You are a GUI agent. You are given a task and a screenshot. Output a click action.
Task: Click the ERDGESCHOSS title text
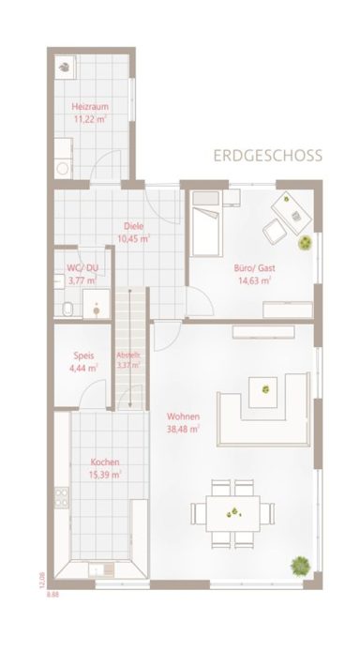pyautogui.click(x=267, y=155)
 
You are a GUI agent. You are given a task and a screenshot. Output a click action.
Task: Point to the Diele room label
pyautogui.click(x=133, y=225)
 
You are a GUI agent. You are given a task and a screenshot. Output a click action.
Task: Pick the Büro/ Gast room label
pyautogui.click(x=252, y=266)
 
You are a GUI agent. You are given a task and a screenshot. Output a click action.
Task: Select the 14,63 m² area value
pyautogui.click(x=252, y=280)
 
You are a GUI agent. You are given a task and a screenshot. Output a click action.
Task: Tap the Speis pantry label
pyautogui.click(x=82, y=356)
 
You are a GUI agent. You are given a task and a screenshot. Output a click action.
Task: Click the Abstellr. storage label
pyautogui.click(x=128, y=355)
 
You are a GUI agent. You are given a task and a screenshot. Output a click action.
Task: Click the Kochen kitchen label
pyautogui.click(x=104, y=462)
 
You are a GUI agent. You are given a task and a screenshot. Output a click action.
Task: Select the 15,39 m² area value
pyautogui.click(x=104, y=476)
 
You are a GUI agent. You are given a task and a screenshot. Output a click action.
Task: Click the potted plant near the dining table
pyautogui.click(x=300, y=565)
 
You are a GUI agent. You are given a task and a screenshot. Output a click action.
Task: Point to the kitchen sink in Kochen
pyautogui.click(x=97, y=568)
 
